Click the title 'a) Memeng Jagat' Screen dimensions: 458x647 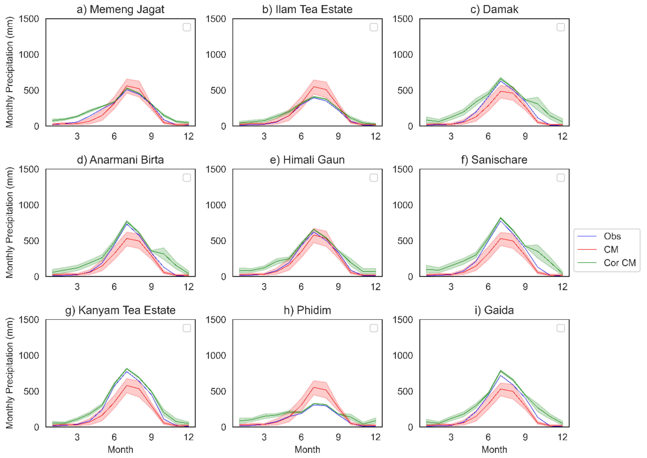[x=120, y=9]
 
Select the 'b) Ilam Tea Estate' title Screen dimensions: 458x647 [x=307, y=9]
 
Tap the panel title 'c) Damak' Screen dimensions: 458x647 [x=494, y=9]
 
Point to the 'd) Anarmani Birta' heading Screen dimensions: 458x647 [x=120, y=160]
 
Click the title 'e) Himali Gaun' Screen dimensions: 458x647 [x=307, y=160]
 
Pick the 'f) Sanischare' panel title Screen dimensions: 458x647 [x=494, y=160]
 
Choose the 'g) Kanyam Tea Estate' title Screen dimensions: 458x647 [x=120, y=310]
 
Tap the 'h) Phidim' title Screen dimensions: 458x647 [x=307, y=310]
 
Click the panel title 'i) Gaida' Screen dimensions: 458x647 [x=494, y=310]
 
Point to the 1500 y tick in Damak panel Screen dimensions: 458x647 [x=403, y=19]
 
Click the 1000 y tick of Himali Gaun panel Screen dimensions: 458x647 [x=215, y=205]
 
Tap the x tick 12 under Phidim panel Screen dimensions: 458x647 [x=375, y=437]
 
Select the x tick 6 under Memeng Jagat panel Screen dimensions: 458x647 [x=114, y=137]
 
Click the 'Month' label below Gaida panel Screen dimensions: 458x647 [x=494, y=450]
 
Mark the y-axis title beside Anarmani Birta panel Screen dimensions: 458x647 [x=9, y=223]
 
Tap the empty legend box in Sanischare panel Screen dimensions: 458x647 [x=561, y=178]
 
